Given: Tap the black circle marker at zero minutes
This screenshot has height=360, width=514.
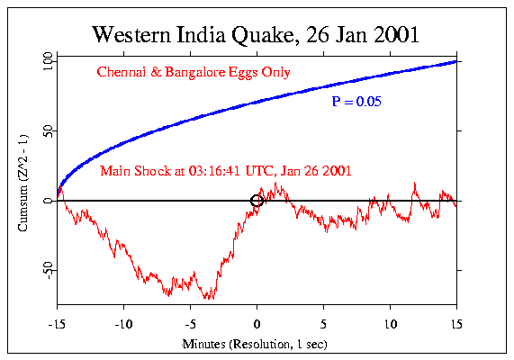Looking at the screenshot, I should [257, 201].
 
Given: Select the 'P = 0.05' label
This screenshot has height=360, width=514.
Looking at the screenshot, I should [356, 103].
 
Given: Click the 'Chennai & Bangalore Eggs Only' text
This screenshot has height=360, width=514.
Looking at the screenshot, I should [193, 72].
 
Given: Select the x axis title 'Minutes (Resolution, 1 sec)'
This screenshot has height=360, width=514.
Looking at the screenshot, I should [257, 344].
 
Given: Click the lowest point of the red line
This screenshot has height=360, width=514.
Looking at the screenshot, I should [209, 298].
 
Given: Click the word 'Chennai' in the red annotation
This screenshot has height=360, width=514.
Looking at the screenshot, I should [120, 72].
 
